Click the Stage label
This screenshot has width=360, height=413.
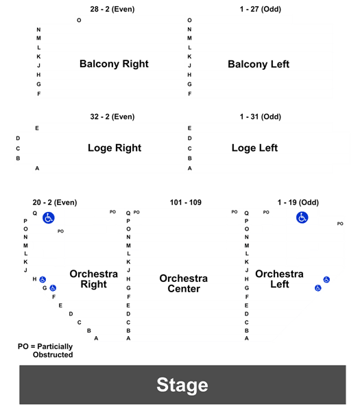pyautogui.click(x=182, y=385)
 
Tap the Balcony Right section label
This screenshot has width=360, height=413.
pyautogui.click(x=114, y=64)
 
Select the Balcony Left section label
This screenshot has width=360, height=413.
pyautogui.click(x=259, y=64)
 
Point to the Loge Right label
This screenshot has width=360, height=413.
pyautogui.click(x=115, y=148)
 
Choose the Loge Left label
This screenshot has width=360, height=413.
pyautogui.click(x=254, y=148)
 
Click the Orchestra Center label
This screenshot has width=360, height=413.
pyautogui.click(x=184, y=283)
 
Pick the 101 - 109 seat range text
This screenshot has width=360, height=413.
pyautogui.click(x=186, y=202)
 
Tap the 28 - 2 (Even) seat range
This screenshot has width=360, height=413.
pyautogui.click(x=112, y=9)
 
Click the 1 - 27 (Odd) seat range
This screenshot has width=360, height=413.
pyautogui.click(x=261, y=9)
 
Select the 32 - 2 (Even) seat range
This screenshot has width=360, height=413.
pyautogui.click(x=112, y=117)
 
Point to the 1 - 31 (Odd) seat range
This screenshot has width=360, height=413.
pyautogui.click(x=261, y=117)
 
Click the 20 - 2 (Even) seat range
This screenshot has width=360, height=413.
pyautogui.click(x=55, y=202)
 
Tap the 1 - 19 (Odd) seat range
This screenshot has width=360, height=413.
pyautogui.click(x=298, y=202)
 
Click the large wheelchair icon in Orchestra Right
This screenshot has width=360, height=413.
pyautogui.click(x=49, y=218)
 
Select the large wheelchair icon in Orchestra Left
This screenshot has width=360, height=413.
pyautogui.click(x=302, y=217)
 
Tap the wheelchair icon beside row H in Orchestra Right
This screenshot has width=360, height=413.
pyautogui.click(x=43, y=279)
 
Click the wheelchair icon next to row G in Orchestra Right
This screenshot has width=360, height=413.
pyautogui.click(x=53, y=288)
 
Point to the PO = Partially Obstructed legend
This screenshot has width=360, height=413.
pyautogui.click(x=45, y=351)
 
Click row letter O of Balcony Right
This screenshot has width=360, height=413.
pyautogui.click(x=79, y=21)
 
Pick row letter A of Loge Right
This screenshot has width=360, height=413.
pyautogui.click(x=37, y=168)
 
